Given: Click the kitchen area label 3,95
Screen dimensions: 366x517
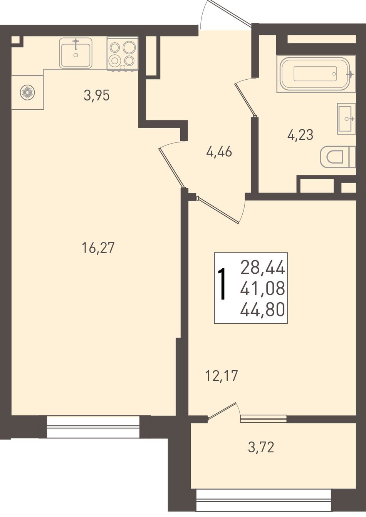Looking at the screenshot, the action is point(97,95).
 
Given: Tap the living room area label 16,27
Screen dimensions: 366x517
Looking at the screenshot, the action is point(98,248).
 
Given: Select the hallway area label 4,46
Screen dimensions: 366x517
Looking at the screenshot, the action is point(219,152).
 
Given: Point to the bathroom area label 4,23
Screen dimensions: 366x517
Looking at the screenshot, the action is point(300,135).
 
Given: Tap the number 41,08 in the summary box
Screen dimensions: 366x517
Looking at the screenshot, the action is point(262,289).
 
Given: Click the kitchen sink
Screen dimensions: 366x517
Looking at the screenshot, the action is point(76,53).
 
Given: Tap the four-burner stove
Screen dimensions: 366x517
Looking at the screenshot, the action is point(123,54).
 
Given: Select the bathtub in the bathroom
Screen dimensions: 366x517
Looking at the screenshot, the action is point(316,74).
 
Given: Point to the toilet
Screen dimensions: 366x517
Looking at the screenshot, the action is point(337,157).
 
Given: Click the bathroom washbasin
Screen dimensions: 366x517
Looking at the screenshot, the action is point(346,119).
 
